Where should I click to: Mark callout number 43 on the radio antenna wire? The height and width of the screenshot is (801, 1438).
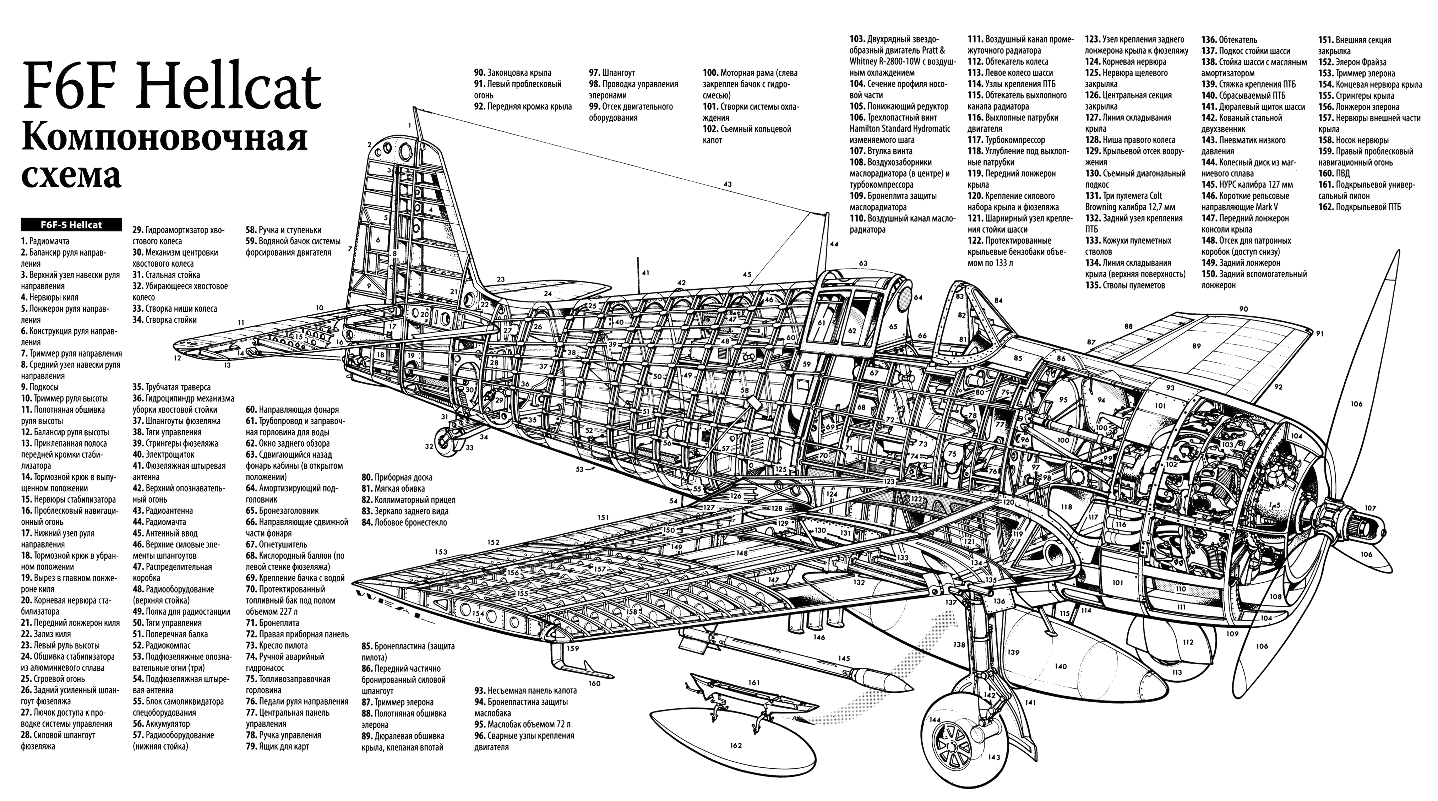point(728,184)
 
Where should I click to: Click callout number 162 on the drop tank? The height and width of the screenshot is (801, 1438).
point(736,745)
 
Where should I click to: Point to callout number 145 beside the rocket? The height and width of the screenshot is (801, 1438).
point(844,658)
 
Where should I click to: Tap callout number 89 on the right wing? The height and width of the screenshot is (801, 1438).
point(1196,346)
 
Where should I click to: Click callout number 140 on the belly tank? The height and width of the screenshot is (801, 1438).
point(1060,666)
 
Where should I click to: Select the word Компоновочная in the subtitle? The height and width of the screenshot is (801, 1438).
point(165,138)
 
